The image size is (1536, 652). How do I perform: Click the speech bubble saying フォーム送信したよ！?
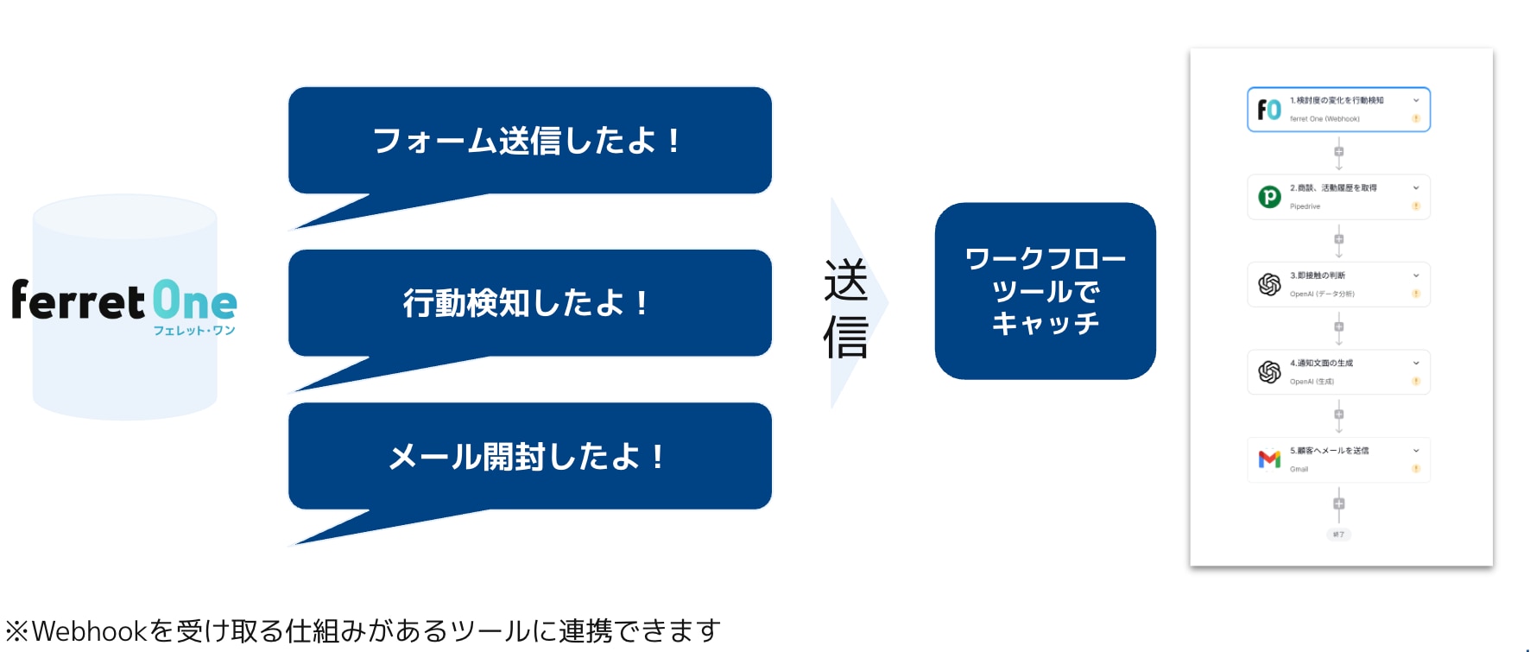(529, 141)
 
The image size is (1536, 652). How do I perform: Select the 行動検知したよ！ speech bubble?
(529, 303)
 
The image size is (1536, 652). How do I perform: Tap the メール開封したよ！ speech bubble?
(529, 456)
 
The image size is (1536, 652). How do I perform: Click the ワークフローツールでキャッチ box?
(1045, 291)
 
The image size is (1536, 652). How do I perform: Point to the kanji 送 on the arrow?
(845, 281)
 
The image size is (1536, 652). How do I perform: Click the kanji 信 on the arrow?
(845, 337)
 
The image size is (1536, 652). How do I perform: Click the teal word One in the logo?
(195, 301)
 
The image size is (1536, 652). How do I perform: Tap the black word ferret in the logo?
(78, 301)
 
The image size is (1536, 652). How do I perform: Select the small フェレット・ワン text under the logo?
(194, 331)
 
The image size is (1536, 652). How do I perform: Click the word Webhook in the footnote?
(89, 631)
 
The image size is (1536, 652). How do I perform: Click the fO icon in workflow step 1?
(1268, 110)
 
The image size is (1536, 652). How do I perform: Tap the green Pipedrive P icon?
(1269, 197)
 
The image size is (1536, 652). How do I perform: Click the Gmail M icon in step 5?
(1269, 459)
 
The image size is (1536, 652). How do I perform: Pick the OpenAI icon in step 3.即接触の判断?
(1269, 284)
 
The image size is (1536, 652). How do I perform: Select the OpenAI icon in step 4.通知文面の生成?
(1269, 372)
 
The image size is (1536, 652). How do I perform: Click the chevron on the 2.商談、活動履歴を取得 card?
(1416, 188)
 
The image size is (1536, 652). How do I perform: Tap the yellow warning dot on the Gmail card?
(1416, 469)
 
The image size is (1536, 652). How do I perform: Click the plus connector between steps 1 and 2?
(1338, 152)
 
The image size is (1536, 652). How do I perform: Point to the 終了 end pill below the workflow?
(1338, 535)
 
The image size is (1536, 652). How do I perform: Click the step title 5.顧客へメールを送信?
(1329, 451)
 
